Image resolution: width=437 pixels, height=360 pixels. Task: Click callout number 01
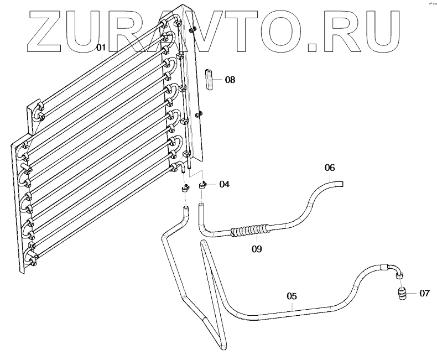pos(101,47)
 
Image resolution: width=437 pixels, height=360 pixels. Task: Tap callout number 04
pos(224,184)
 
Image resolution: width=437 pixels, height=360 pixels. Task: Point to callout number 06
pos(330,167)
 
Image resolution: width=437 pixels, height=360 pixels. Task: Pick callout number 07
pos(424,293)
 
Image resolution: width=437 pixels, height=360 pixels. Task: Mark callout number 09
pos(257,249)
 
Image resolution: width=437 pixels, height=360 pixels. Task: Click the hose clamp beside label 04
pos(203,184)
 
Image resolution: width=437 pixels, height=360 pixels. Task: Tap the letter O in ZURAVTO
pos(275,27)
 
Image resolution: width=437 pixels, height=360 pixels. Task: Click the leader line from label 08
pos(220,80)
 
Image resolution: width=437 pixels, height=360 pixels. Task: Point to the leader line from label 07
pos(414,293)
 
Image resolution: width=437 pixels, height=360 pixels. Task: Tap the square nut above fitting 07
pos(400,273)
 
